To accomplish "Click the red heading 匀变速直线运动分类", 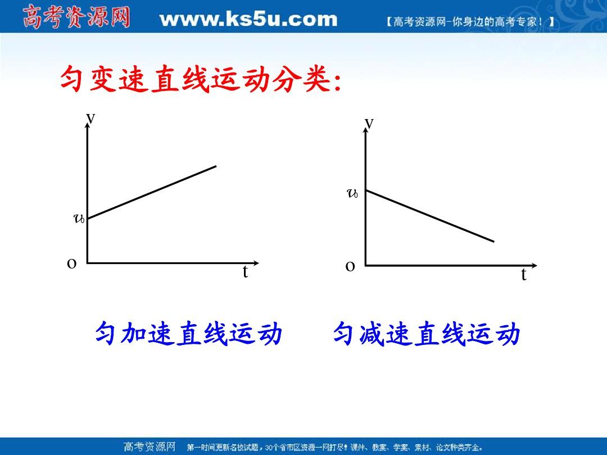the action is [x=201, y=79].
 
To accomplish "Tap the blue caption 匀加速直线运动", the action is [x=188, y=333].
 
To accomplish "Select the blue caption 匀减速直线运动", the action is [x=427, y=333].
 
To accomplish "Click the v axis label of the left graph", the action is [x=90, y=118].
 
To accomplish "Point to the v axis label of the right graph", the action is [x=369, y=123].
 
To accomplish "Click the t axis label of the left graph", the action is [x=245, y=272].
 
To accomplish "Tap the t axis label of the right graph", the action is [x=524, y=274].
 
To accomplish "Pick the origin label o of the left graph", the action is [x=71, y=263].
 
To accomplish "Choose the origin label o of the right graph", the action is [x=350, y=266].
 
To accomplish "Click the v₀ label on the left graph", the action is [x=79, y=219].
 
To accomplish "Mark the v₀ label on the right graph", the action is [x=352, y=193].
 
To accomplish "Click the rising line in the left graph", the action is [x=152, y=192].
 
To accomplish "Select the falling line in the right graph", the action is [x=430, y=216].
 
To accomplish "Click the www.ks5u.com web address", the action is [x=248, y=19].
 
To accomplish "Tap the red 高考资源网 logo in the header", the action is [x=76, y=17].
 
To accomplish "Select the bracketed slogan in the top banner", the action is [x=470, y=22].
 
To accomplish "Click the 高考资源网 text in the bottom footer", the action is [x=150, y=447].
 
